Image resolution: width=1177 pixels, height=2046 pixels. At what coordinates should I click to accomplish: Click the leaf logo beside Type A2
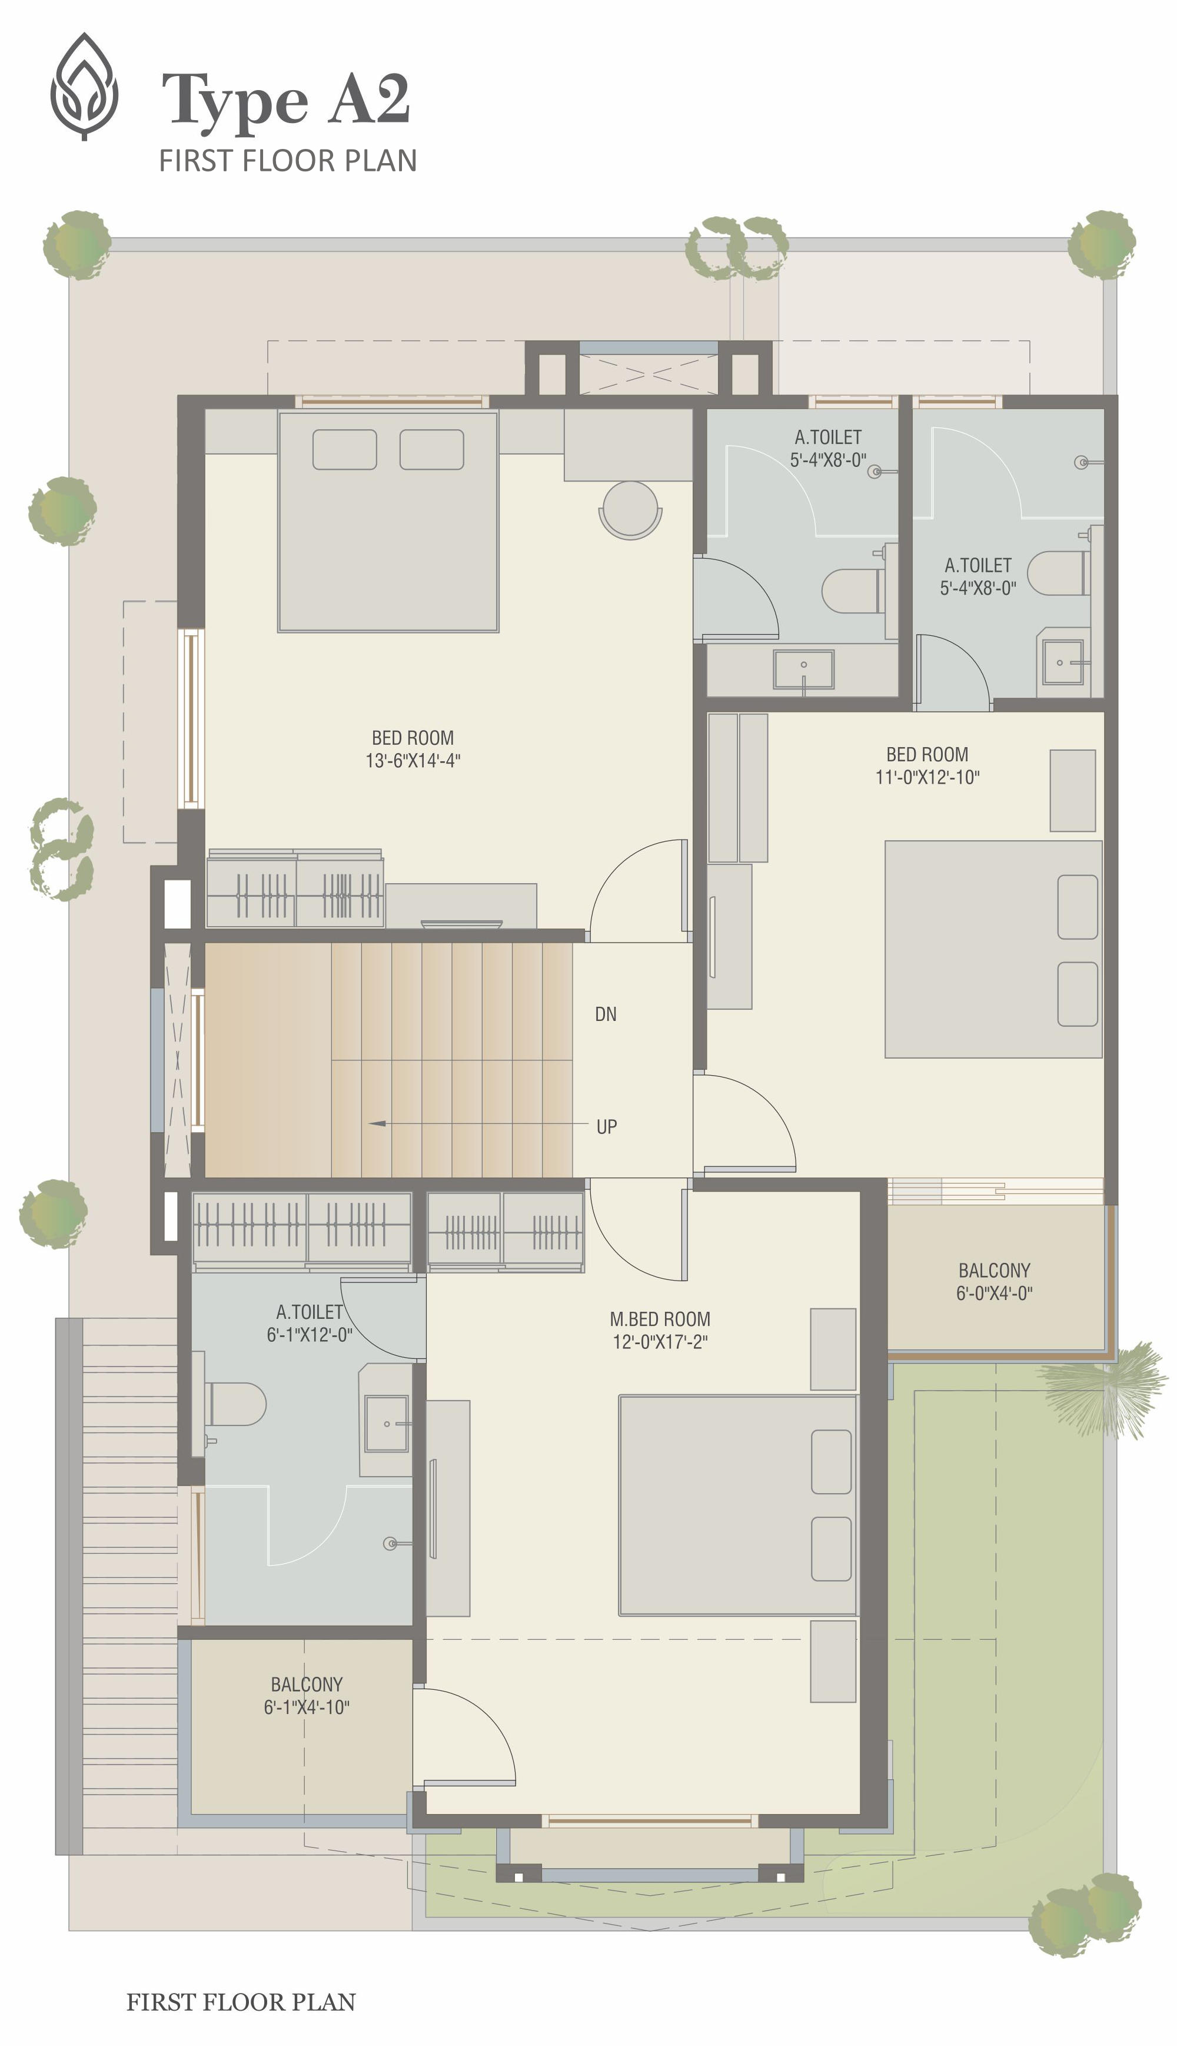[84, 87]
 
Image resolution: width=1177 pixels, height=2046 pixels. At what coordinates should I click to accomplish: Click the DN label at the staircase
[606, 1014]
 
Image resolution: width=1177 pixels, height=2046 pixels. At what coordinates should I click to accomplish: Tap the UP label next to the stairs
[606, 1126]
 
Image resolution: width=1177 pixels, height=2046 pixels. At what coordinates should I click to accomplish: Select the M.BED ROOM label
[660, 1319]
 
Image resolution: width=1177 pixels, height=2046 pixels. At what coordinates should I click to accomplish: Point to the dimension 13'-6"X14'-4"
[413, 760]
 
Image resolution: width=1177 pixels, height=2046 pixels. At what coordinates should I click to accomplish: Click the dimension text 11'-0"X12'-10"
[927, 777]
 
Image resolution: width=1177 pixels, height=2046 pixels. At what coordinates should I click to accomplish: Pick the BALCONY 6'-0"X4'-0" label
[995, 1282]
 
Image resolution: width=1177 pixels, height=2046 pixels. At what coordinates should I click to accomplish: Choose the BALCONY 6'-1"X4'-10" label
[307, 1696]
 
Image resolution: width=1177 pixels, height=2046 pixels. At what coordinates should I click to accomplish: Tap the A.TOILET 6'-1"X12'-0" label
[310, 1323]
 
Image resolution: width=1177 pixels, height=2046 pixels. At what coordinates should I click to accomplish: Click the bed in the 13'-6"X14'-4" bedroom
[388, 522]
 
